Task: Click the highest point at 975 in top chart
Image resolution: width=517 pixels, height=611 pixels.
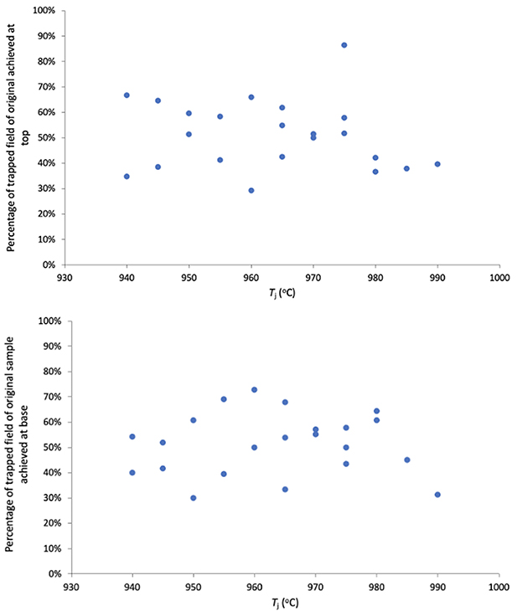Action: pos(344,45)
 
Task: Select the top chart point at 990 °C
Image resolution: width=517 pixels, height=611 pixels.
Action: pos(437,164)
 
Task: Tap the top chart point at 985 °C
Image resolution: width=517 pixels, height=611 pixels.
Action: pos(406,168)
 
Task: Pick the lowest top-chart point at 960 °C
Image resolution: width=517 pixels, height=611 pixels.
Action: pos(251,191)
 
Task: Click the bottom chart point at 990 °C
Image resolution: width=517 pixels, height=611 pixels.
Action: pos(437,495)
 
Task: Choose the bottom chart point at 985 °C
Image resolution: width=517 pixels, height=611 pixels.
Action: pos(407,460)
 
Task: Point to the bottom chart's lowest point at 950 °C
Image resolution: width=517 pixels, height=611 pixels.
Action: pos(194,498)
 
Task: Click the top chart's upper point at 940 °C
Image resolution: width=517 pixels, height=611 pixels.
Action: pos(127,95)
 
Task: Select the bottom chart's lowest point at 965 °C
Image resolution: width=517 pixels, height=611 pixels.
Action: pos(285,490)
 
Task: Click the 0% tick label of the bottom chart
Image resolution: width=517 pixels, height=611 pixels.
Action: pos(58,574)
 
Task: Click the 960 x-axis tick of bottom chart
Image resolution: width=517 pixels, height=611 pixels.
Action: pos(254,587)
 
